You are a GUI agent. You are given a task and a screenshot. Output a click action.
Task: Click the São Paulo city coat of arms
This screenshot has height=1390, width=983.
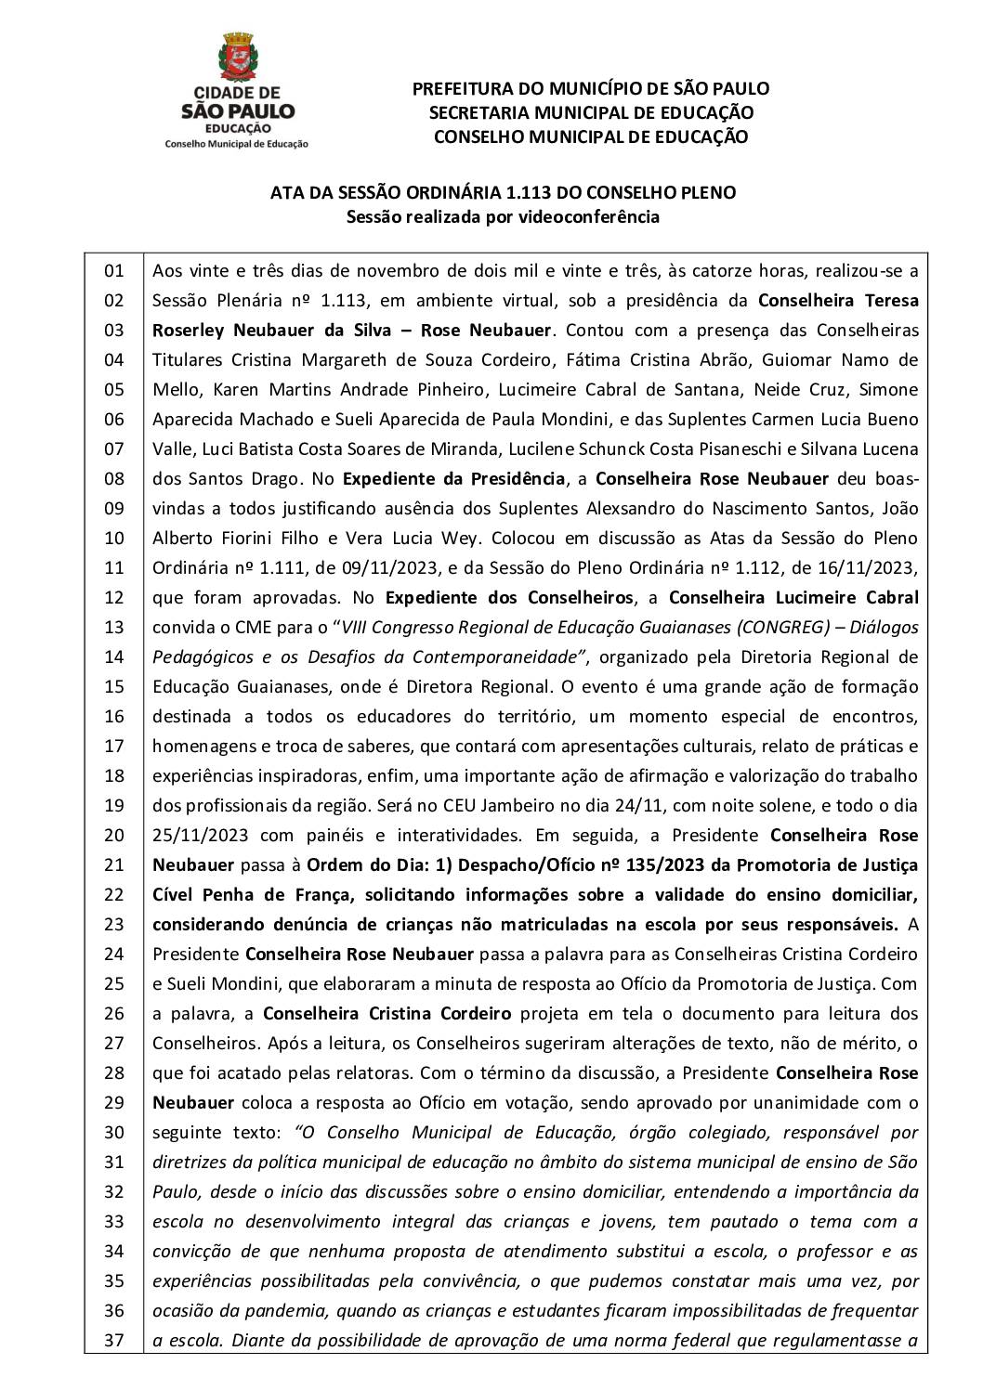(x=236, y=58)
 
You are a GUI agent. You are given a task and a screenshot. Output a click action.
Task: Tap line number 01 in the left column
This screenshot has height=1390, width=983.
(x=113, y=271)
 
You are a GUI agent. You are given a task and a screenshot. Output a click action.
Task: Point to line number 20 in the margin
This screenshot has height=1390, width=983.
(x=113, y=835)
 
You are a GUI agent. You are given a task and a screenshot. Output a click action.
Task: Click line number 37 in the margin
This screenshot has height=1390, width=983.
(x=113, y=1340)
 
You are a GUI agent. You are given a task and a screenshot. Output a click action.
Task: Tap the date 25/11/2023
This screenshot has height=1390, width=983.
(x=202, y=835)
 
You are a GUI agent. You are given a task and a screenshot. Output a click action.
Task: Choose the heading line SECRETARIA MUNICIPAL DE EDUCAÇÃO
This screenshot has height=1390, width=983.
(x=590, y=112)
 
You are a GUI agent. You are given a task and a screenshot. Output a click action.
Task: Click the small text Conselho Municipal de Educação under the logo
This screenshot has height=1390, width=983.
(x=236, y=144)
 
